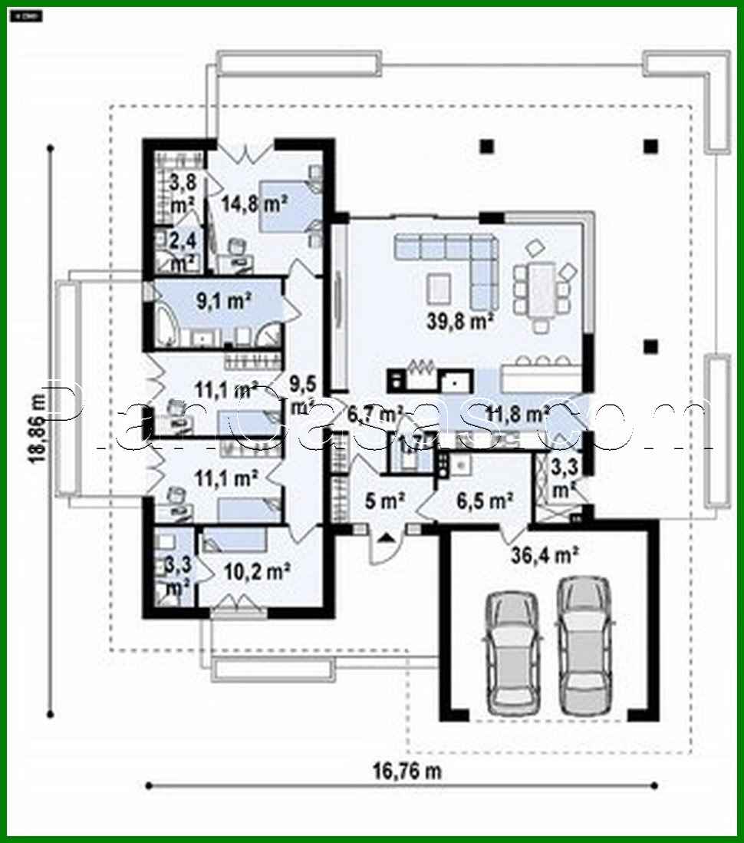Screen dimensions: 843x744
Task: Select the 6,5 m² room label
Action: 484,501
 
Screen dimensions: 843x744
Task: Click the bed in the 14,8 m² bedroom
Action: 288,206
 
